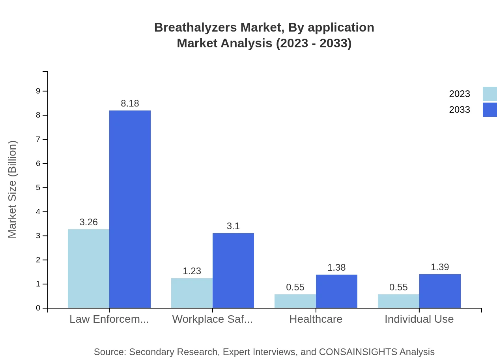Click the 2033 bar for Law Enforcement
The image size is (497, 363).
(x=130, y=209)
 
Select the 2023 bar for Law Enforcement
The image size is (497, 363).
(x=88, y=268)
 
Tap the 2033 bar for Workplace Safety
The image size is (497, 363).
(x=233, y=270)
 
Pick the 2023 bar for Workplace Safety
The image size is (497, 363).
(x=192, y=293)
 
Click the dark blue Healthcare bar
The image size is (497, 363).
(x=336, y=291)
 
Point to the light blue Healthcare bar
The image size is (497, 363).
(x=295, y=301)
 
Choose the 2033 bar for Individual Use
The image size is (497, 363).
(x=440, y=291)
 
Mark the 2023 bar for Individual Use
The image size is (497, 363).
(x=398, y=301)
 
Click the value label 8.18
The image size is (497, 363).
(x=130, y=103)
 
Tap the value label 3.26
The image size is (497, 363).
(x=88, y=222)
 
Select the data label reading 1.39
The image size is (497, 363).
(x=440, y=267)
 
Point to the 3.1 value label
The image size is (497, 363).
(x=233, y=226)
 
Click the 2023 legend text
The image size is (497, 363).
(x=460, y=94)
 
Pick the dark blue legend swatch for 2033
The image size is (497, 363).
(x=490, y=110)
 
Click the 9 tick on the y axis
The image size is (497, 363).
(x=38, y=91)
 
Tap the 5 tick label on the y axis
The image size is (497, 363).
(x=38, y=187)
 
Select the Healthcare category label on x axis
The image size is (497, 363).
(x=316, y=319)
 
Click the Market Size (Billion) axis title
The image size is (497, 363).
(x=13, y=189)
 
